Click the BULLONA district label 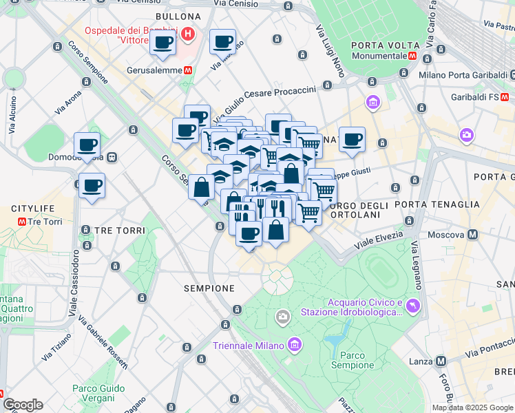point(178,17)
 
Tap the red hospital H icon point(189,33)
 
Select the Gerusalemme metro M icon point(187,70)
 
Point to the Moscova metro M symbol point(473,235)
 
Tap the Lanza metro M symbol point(441,361)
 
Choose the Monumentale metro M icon point(412,57)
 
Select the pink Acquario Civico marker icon point(412,305)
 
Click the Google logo point(22,405)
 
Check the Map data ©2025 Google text point(472,407)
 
